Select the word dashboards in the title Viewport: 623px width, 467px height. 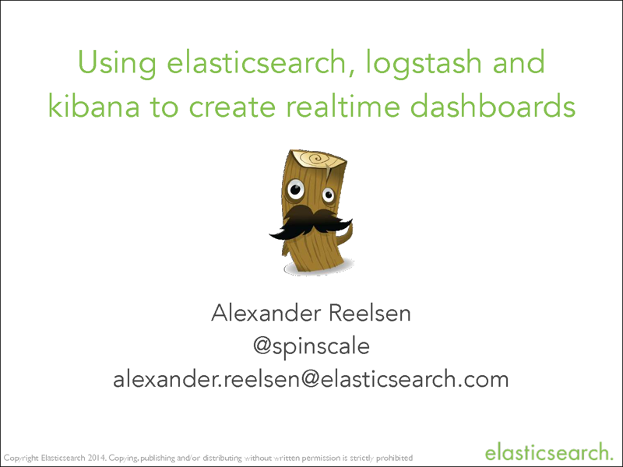(x=488, y=105)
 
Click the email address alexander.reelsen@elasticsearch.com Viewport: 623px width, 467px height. (x=311, y=380)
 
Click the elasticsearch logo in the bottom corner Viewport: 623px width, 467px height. (x=547, y=451)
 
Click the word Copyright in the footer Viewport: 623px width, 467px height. (x=23, y=457)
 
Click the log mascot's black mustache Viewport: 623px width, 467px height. (x=310, y=221)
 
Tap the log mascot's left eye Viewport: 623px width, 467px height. (x=295, y=189)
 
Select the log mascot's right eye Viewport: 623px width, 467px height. (x=329, y=189)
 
